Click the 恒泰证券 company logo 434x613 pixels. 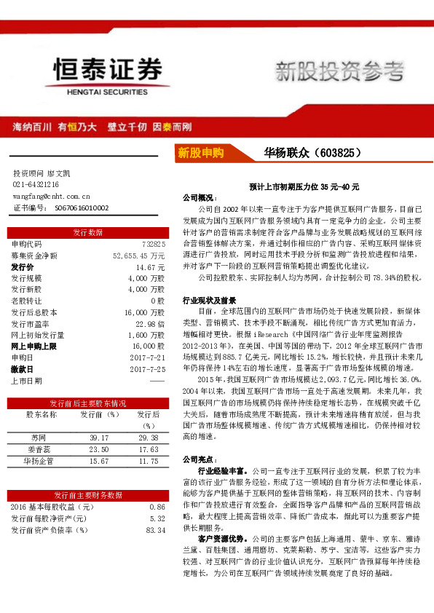tap(107, 73)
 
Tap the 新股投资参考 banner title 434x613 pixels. tap(339, 71)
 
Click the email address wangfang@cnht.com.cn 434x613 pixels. tap(51, 196)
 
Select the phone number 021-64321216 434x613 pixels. tap(36, 185)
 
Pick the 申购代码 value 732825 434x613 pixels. tap(154, 244)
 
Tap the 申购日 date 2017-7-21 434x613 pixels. tap(149, 357)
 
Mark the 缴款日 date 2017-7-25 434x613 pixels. tap(149, 369)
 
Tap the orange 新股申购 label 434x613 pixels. tap(200, 153)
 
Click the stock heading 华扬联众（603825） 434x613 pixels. tap(314, 153)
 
